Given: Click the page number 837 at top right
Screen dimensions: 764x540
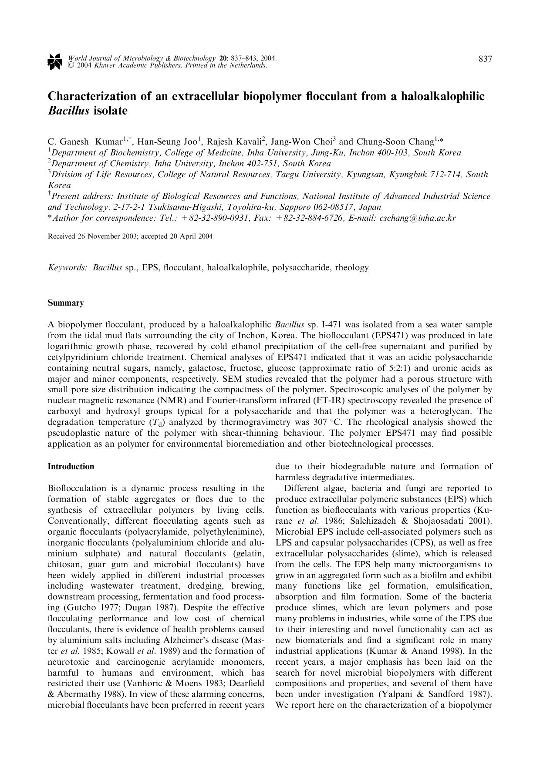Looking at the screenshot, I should click(x=485, y=59).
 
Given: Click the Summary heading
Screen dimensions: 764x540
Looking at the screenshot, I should click(x=65, y=303).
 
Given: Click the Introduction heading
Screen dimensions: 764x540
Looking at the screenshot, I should click(x=71, y=467).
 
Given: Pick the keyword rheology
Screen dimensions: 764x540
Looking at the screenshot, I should click(x=351, y=268).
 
